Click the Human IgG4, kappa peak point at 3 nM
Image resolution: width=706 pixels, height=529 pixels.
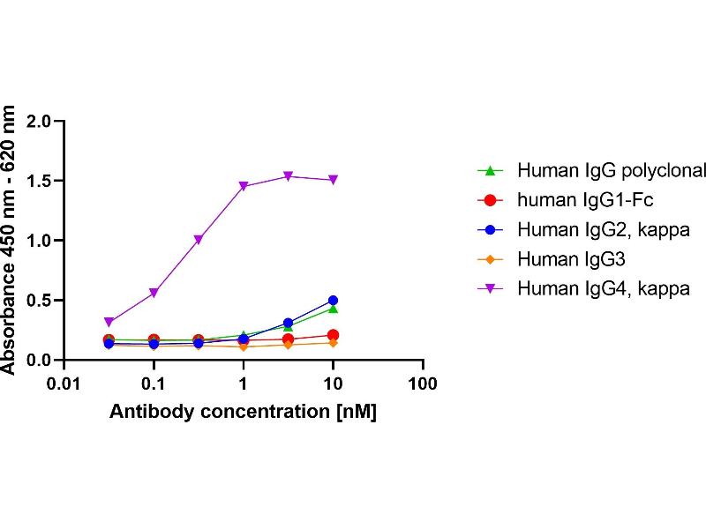click(288, 176)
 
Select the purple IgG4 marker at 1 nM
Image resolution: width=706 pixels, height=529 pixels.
click(243, 187)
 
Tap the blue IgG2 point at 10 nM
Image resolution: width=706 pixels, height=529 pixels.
click(333, 301)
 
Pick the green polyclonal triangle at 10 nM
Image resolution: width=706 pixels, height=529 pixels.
click(333, 309)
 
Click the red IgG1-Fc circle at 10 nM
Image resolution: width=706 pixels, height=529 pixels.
click(333, 335)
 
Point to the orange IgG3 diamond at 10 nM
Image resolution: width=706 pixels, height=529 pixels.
click(333, 342)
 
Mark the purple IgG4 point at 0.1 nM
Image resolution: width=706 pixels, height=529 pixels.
click(154, 293)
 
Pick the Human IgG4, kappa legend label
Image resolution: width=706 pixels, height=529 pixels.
click(603, 287)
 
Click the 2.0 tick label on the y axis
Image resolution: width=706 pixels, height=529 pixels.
click(41, 121)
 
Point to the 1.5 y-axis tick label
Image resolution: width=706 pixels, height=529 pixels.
click(41, 181)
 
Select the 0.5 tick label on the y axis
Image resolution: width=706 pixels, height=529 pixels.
click(41, 301)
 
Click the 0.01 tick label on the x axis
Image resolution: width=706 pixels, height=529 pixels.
click(64, 384)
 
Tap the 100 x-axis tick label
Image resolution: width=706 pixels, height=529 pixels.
click(424, 384)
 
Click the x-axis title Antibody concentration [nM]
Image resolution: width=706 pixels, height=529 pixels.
click(244, 412)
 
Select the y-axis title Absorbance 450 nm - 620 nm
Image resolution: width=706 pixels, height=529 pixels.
click(11, 240)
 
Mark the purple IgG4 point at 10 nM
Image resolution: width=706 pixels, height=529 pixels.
click(333, 180)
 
